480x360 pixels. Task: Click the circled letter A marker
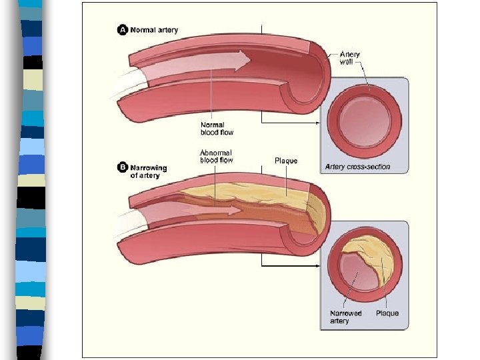click(x=123, y=30)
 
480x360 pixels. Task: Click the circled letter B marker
click(x=123, y=167)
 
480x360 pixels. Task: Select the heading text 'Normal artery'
click(x=154, y=30)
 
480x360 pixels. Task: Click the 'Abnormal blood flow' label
click(x=217, y=157)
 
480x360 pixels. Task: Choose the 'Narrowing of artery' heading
click(x=149, y=171)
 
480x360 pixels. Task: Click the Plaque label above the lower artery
click(x=286, y=161)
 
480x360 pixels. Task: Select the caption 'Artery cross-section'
click(x=357, y=167)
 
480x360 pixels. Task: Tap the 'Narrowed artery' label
click(x=346, y=317)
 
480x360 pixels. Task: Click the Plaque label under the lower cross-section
click(x=387, y=313)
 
